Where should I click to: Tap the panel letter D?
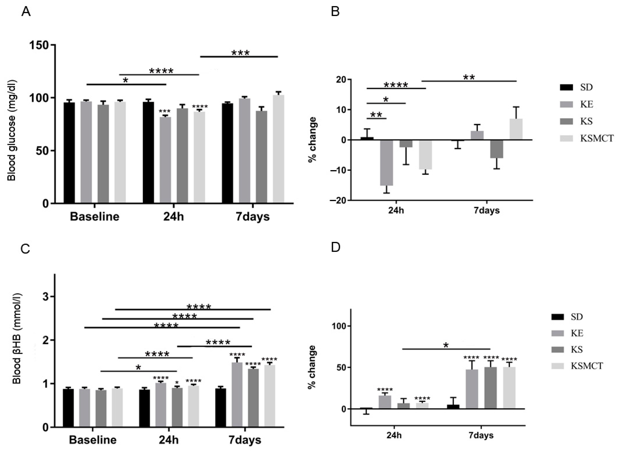(336, 247)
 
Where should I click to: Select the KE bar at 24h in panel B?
(386, 162)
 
